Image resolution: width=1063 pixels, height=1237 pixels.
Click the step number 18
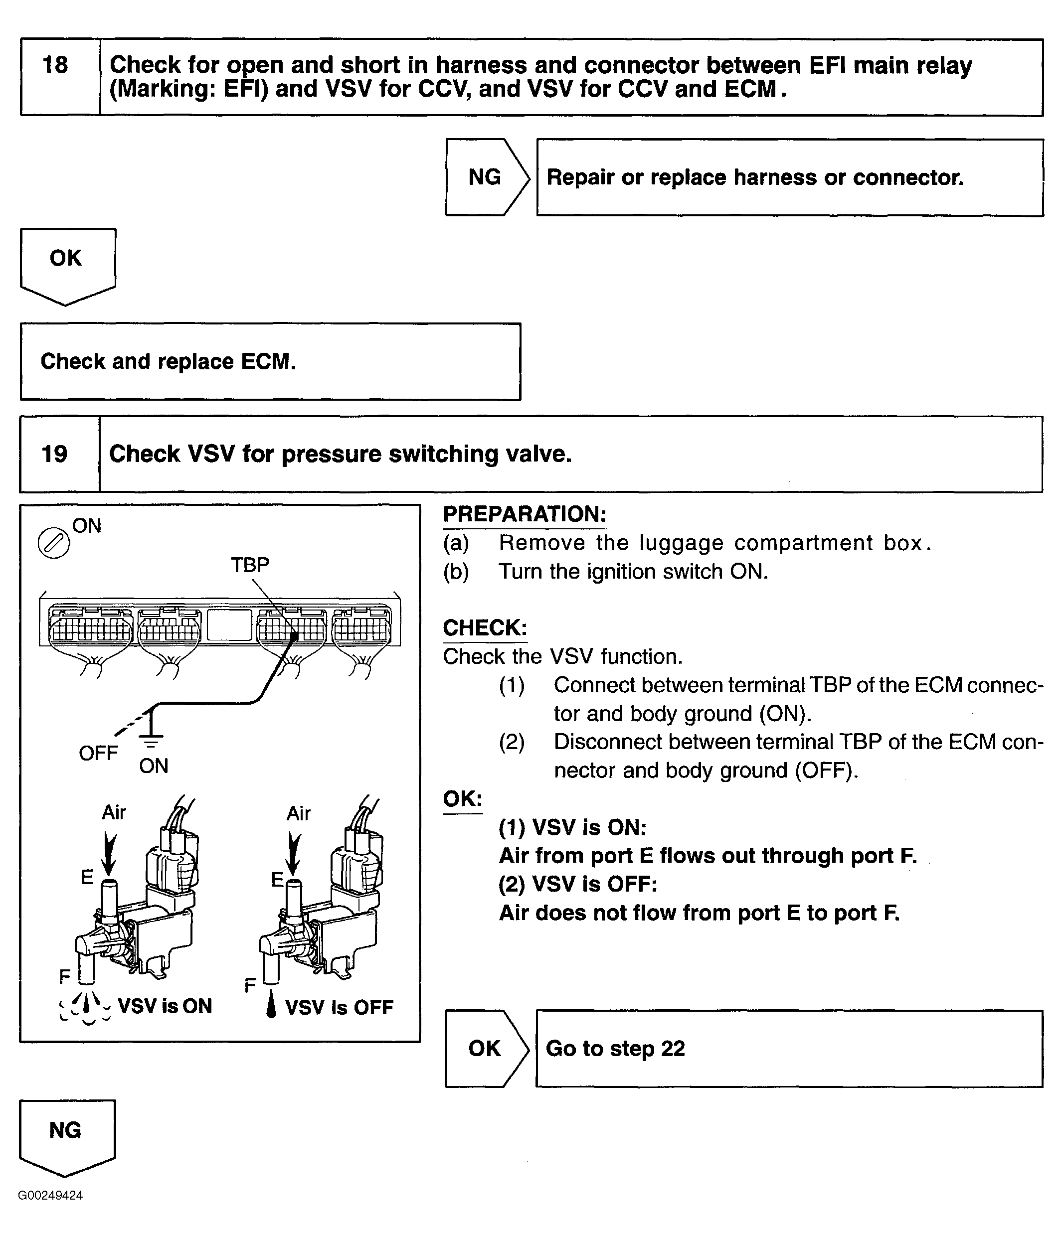tap(55, 65)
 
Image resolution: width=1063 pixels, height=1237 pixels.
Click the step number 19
tap(54, 454)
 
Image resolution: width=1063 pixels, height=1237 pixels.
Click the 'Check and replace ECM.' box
tap(270, 362)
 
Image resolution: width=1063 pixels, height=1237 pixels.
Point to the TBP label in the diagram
tap(250, 564)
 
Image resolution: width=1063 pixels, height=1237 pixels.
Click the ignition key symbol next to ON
tap(54, 543)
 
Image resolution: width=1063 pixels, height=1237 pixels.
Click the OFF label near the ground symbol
tap(99, 754)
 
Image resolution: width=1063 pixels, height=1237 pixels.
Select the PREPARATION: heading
tap(525, 514)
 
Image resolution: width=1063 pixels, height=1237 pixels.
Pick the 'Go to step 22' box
tap(789, 1048)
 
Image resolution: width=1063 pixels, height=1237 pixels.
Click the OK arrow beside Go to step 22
tap(486, 1048)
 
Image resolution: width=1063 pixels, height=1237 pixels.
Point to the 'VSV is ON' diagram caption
tap(165, 1006)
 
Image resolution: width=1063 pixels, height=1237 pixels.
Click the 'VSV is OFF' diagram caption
tap(339, 1007)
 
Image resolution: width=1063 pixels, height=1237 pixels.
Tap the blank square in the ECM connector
tap(229, 625)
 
